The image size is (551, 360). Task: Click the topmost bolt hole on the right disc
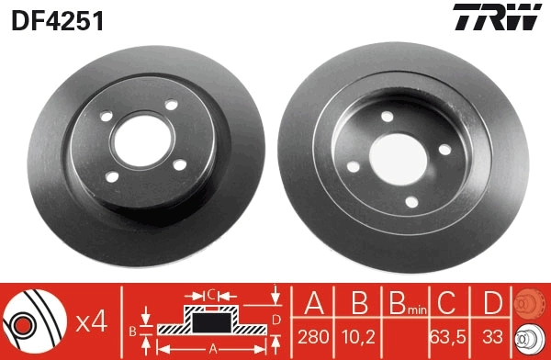pyautogui.click(x=386, y=116)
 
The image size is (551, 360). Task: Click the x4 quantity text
pyautogui.click(x=91, y=321)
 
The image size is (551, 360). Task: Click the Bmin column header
pyautogui.click(x=404, y=304)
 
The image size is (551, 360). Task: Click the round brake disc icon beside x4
pyautogui.click(x=33, y=321)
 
